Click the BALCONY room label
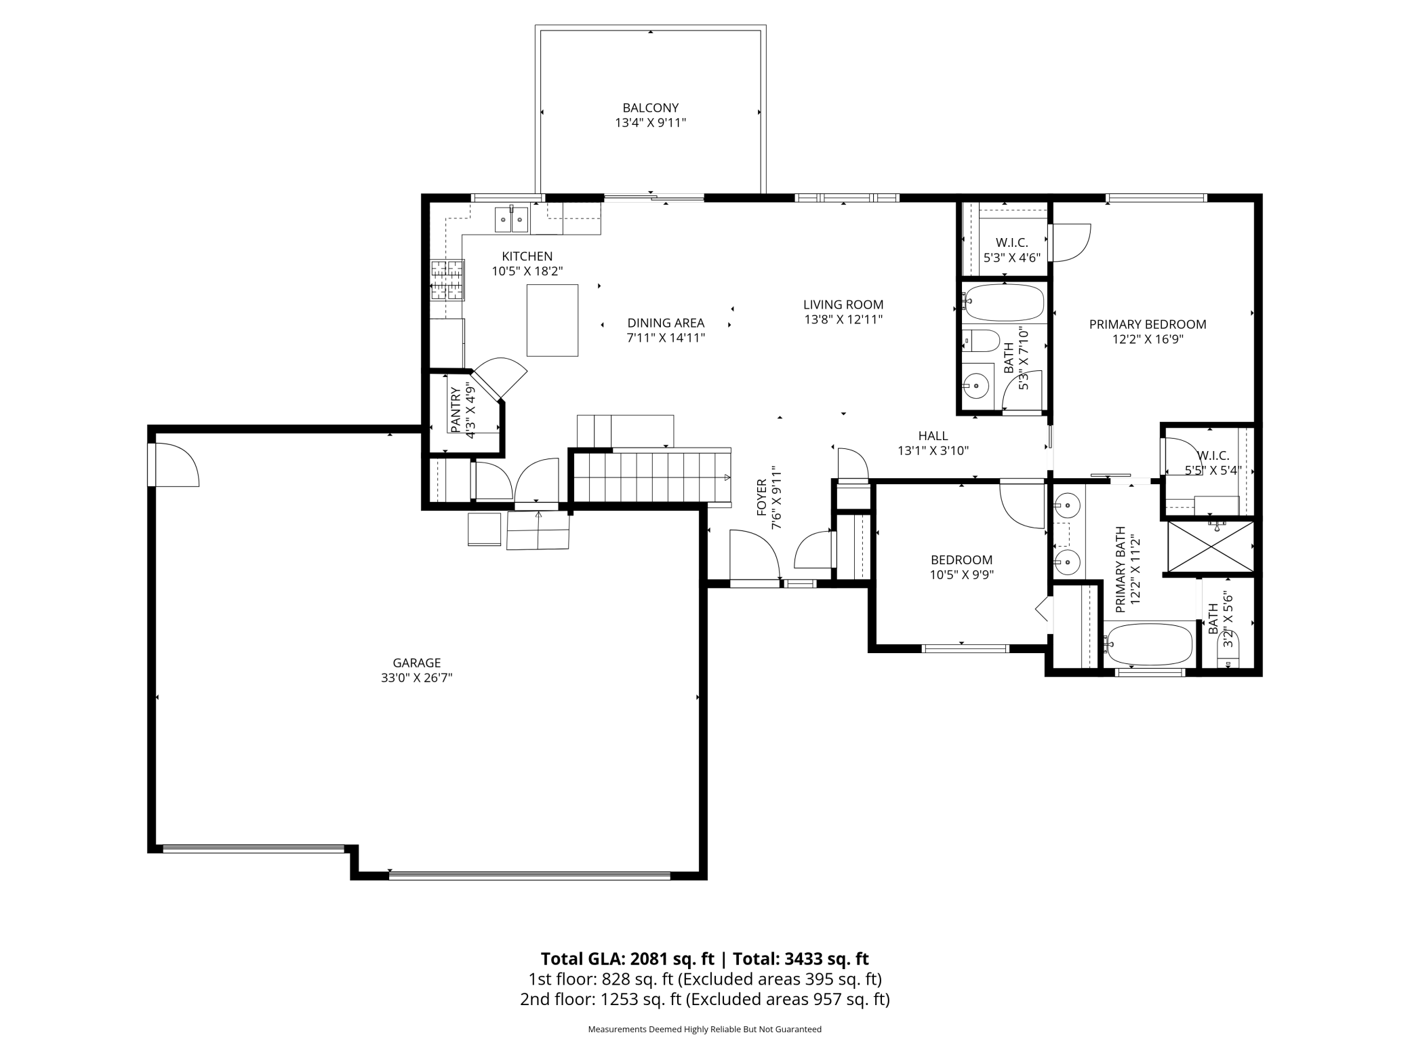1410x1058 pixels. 650,108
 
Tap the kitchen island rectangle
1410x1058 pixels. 552,320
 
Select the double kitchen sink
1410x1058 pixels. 511,219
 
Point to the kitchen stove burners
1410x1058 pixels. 447,280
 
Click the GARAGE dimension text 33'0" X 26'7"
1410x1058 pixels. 416,678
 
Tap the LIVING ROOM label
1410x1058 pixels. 843,305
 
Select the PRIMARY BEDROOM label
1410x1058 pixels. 1148,324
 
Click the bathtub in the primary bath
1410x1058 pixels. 1148,644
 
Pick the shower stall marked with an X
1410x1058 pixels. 1209,546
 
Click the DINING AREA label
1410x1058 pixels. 666,323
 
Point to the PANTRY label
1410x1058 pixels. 456,410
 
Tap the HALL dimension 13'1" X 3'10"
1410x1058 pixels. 933,450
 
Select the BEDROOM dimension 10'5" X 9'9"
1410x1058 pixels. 961,575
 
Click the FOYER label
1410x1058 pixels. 762,498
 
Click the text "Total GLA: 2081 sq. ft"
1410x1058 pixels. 627,959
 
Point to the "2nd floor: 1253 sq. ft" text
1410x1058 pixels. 601,999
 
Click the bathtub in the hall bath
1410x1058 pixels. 1004,302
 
